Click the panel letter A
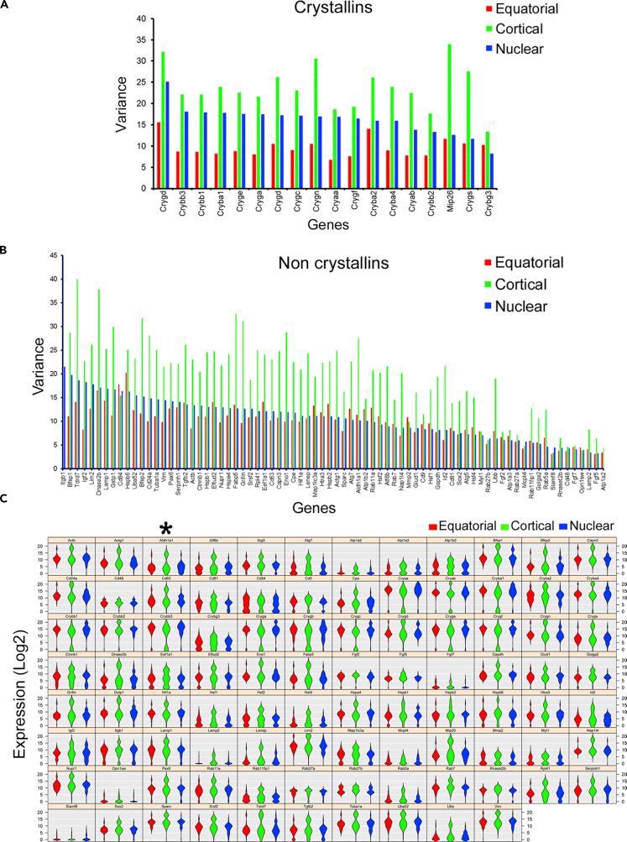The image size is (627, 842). click(7, 7)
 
